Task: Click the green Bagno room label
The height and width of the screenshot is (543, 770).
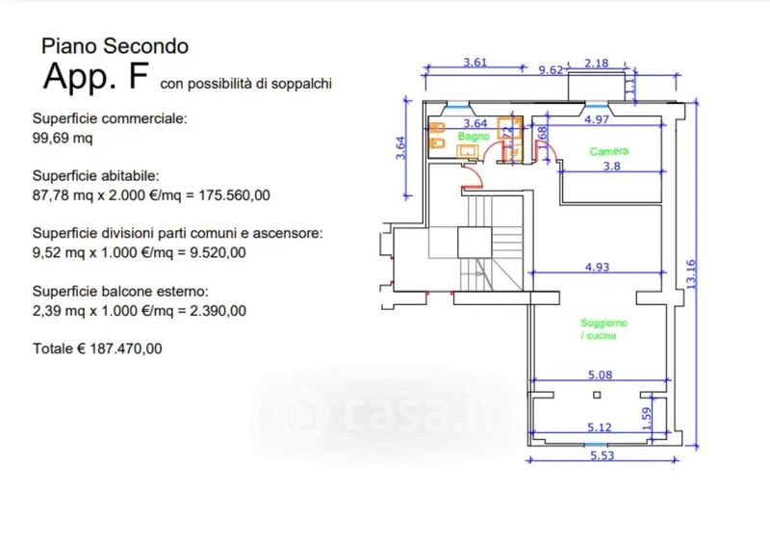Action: (474, 137)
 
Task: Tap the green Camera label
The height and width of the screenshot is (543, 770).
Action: (608, 152)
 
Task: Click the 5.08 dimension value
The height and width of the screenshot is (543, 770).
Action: (600, 375)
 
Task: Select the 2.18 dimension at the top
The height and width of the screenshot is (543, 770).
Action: (597, 64)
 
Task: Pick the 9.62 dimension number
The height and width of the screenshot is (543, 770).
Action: (551, 69)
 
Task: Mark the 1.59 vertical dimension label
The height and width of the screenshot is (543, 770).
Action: (647, 418)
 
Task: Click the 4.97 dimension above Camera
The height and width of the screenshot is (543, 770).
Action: (598, 119)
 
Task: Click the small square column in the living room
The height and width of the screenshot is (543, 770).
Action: (598, 395)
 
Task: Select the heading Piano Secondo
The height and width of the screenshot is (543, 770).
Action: (114, 45)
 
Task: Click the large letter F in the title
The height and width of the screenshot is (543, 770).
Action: (137, 78)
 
